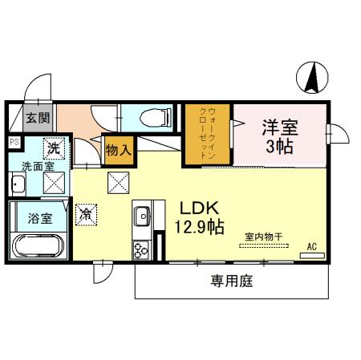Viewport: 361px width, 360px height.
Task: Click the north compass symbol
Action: [314, 77]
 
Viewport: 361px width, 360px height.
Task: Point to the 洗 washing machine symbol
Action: [53, 148]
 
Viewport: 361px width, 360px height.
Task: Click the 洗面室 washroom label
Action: [38, 167]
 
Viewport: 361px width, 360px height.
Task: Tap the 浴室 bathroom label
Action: [39, 217]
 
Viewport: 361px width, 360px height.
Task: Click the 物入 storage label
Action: [119, 150]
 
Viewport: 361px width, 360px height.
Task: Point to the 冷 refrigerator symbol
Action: [86, 214]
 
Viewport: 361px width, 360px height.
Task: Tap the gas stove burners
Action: [141, 249]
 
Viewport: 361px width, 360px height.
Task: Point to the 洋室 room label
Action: [279, 126]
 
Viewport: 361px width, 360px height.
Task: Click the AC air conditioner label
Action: [311, 245]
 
